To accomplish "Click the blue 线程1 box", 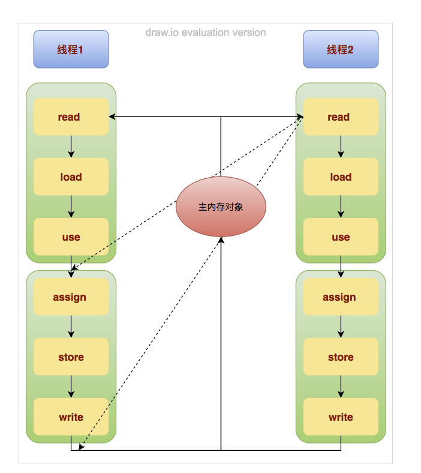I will click(71, 49).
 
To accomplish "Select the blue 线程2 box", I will click(341, 49).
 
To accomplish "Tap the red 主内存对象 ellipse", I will click(221, 206).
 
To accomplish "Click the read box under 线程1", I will click(71, 116).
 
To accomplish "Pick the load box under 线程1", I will click(71, 176).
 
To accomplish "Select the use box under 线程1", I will click(71, 237).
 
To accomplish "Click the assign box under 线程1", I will click(71, 297).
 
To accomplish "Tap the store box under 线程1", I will click(71, 357).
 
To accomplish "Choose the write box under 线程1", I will click(71, 417).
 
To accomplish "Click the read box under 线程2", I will click(341, 116).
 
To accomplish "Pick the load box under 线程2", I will click(341, 176).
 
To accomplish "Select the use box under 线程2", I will click(341, 237).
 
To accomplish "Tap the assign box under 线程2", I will click(341, 297).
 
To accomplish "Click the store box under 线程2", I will click(341, 357).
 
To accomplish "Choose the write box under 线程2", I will click(341, 417).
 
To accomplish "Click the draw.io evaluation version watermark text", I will click(205, 32).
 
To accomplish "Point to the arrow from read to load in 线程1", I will click(71, 146).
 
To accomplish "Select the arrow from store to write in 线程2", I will click(341, 387).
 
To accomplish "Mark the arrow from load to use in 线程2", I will click(341, 206).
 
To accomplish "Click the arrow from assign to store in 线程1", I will click(71, 327).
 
